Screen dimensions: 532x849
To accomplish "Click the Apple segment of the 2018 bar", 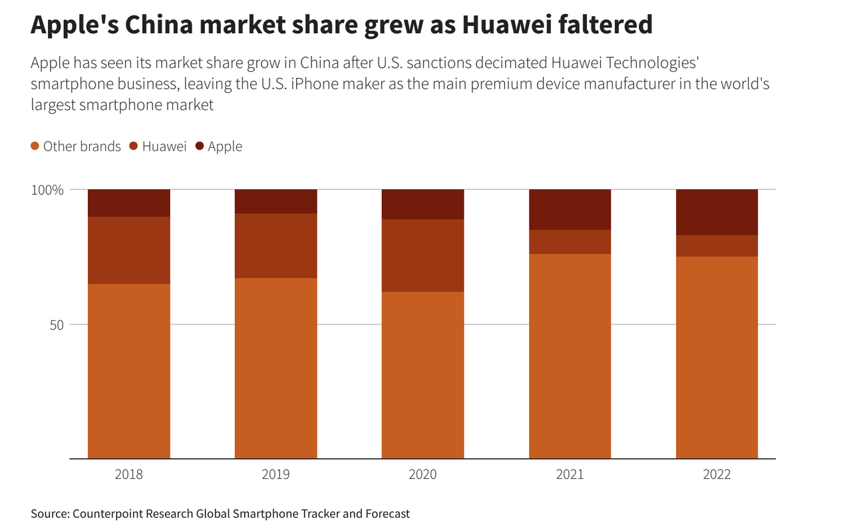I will pos(129,202).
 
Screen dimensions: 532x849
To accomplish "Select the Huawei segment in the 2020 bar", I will pos(423,255).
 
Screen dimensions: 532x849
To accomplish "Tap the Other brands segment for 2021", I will pos(570,356).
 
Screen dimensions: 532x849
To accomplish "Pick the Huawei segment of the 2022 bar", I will pos(717,246).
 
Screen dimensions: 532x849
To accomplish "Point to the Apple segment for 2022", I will pos(717,212).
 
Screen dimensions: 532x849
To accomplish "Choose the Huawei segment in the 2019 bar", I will pos(276,246).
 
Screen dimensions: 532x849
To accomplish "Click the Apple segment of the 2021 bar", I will pos(570,209).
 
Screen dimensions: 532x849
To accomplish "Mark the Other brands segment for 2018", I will pos(129,371).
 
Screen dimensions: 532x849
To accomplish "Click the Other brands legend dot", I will pos(35,146).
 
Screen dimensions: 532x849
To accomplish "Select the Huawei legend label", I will pos(164,146).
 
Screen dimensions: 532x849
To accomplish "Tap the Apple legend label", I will pos(225,146).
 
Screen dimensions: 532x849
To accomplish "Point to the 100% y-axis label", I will pos(48,190).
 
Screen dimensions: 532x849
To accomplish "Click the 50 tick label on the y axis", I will pos(56,325).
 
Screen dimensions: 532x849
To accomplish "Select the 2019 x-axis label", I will pos(276,475).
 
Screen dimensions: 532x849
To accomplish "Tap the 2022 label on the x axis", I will pos(717,475).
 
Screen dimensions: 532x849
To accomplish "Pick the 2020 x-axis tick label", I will pos(423,475).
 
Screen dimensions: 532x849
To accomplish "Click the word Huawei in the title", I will pos(504,25).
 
